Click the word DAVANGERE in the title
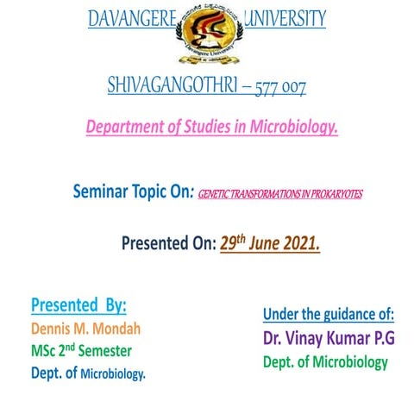coord(131,18)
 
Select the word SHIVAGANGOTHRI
coord(159,85)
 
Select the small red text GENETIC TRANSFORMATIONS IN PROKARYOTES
coord(280,194)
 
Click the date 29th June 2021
coord(270,244)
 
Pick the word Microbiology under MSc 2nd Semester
coord(113,374)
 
